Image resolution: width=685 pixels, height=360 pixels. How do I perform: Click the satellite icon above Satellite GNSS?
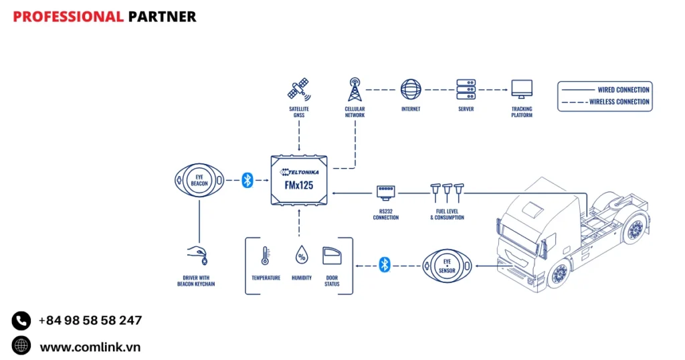(299, 90)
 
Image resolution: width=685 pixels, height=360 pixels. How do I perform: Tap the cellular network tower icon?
(355, 90)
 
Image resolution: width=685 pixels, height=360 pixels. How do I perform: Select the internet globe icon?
(411, 89)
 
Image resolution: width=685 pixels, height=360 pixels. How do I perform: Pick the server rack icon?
(466, 89)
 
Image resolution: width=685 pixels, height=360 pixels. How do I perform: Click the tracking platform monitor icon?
(522, 89)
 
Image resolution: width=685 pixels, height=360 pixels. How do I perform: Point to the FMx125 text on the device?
(298, 185)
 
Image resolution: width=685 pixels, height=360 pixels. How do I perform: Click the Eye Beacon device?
(199, 179)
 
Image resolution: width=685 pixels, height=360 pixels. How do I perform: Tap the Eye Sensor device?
(447, 266)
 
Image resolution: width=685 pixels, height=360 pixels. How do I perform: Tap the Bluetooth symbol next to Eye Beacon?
(248, 179)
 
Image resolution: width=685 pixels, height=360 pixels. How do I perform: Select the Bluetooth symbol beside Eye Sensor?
(384, 265)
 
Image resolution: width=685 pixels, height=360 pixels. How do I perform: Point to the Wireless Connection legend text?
(619, 102)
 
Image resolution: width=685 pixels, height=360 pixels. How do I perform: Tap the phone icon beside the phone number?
(21, 321)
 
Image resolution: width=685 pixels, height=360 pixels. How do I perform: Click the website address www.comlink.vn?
(90, 347)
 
